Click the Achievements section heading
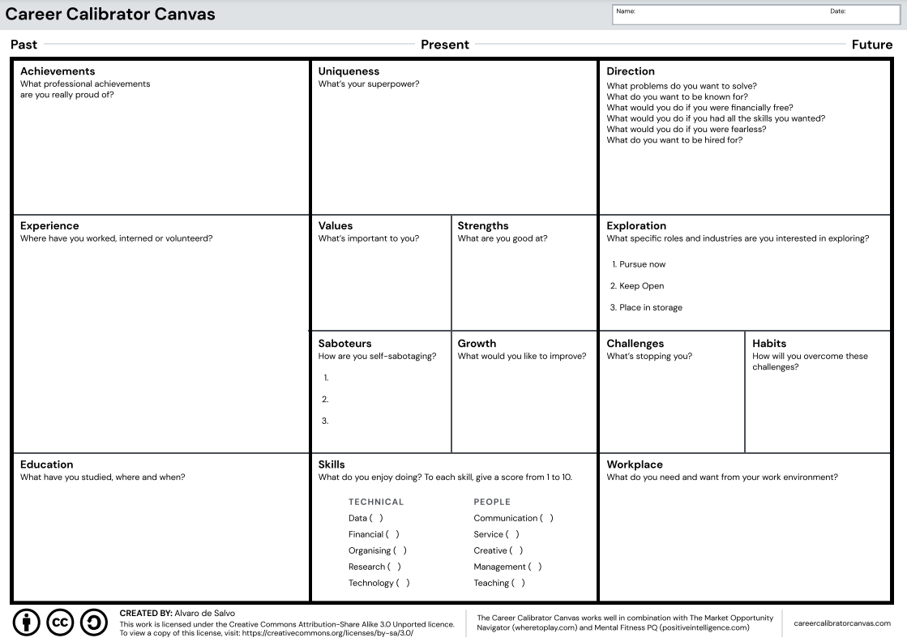58,71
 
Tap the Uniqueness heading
349,71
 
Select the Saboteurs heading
344,344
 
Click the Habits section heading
769,344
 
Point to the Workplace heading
635,464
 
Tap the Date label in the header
837,11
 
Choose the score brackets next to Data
376,518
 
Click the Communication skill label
506,518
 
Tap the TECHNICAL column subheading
376,502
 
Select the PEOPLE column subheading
492,502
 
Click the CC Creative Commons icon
61,623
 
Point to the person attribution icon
27,623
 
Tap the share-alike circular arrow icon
94,623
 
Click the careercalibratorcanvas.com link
842,623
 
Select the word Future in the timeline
872,45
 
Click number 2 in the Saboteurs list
325,399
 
